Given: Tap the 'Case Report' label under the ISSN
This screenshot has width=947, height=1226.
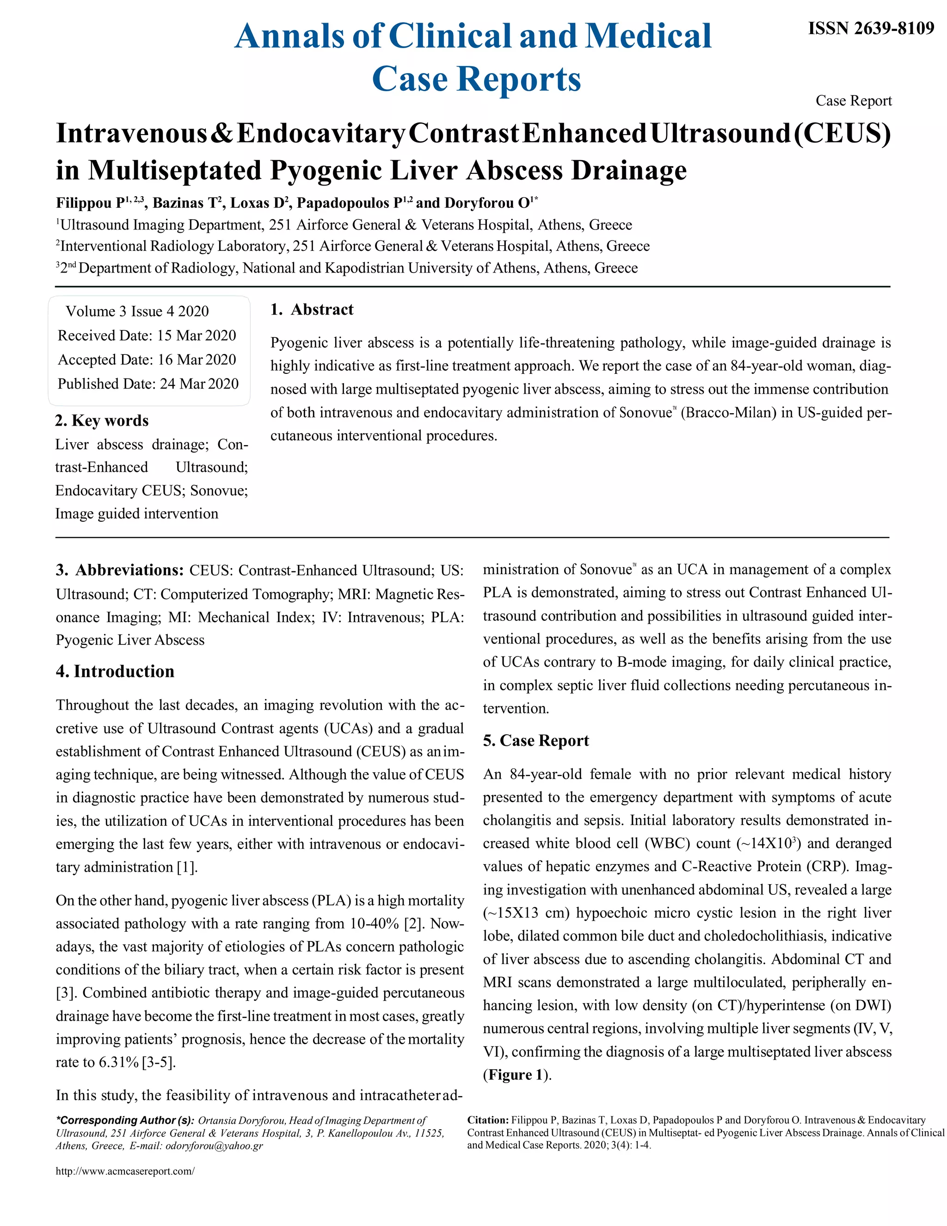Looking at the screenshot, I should (853, 101).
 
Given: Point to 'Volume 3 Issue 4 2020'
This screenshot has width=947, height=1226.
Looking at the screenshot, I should (137, 311).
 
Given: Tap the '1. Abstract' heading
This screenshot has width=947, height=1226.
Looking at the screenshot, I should (312, 310).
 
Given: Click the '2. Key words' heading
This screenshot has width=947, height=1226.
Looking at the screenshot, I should (102, 421).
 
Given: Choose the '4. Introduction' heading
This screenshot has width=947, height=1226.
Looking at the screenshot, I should (115, 671).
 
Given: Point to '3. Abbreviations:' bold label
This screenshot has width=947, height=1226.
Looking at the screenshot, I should (119, 570).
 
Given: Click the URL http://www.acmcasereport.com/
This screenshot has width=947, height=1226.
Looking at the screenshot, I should (124, 1171).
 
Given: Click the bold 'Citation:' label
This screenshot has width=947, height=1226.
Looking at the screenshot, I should (487, 1120).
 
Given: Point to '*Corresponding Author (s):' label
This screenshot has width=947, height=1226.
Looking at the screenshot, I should (124, 1120).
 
